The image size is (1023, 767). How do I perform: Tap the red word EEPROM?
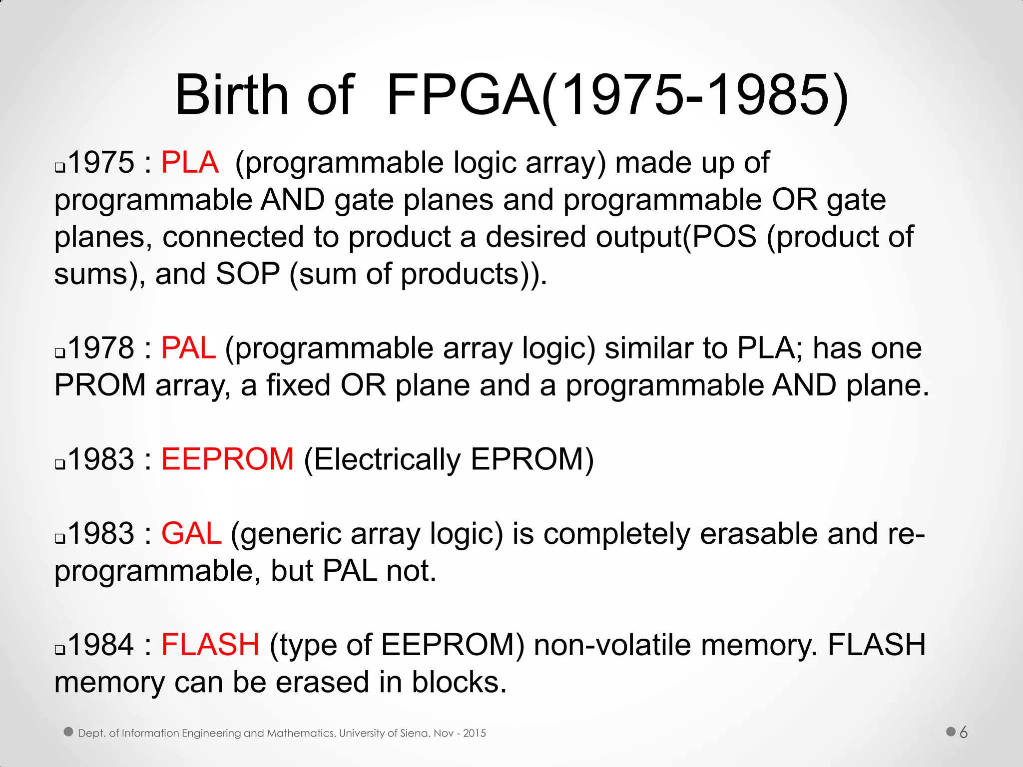(227, 459)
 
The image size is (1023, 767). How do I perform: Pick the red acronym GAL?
(191, 533)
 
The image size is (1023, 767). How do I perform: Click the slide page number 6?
(964, 733)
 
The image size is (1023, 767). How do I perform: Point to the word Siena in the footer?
(414, 733)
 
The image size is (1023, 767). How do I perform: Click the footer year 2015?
(475, 733)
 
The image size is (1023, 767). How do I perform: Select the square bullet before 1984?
(60, 650)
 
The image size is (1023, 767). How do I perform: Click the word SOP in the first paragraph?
(248, 274)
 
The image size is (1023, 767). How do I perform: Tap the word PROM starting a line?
(100, 385)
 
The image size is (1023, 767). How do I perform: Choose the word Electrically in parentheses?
(387, 459)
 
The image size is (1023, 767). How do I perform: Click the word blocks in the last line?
(455, 682)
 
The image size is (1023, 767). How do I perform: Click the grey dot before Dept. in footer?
(69, 732)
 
